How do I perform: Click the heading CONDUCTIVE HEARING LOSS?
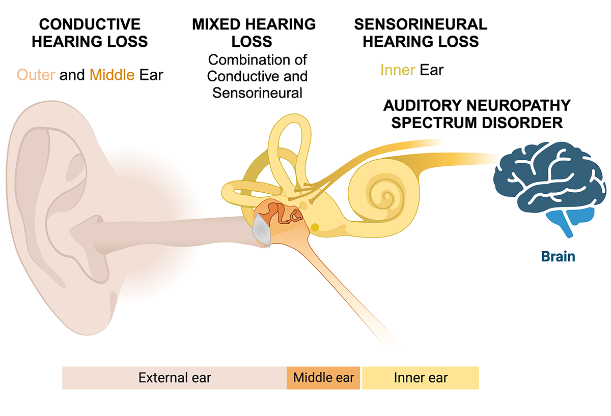(90, 33)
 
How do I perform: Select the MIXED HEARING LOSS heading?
(254, 33)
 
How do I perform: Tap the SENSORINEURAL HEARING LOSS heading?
(421, 33)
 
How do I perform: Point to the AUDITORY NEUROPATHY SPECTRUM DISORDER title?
(477, 114)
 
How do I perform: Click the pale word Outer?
(36, 75)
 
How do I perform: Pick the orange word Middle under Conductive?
(112, 75)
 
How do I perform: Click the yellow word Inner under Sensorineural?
(398, 69)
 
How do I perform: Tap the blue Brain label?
(558, 256)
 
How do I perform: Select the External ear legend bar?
(174, 378)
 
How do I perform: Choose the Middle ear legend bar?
(323, 378)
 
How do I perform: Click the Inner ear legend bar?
(421, 378)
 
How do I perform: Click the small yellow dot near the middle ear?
(315, 227)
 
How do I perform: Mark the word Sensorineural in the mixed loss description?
(258, 93)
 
